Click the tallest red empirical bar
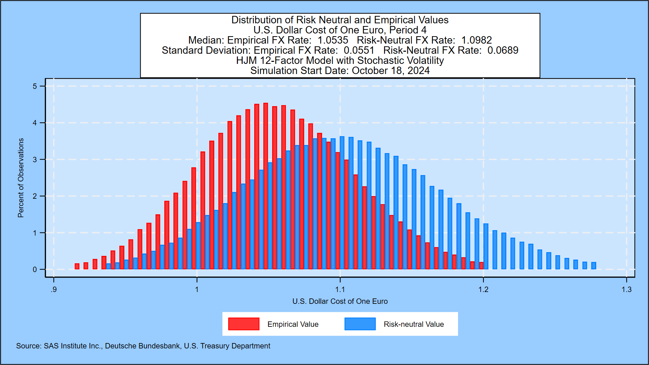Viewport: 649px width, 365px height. point(266,186)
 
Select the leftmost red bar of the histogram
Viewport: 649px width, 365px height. point(77,266)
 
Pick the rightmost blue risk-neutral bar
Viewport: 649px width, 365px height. point(594,266)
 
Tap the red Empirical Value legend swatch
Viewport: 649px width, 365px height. point(244,324)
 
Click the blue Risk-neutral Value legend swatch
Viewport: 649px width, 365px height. point(360,324)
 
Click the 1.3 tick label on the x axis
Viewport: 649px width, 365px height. point(626,290)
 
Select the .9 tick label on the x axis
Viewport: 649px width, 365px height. point(53,290)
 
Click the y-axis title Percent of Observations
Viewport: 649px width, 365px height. point(21,178)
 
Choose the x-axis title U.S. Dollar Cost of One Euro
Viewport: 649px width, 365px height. point(340,301)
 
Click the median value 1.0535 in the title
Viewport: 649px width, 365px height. point(333,40)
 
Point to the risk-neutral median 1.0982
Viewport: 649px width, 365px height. point(476,40)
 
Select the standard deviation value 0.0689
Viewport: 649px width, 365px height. point(503,50)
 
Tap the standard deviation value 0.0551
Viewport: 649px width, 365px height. point(359,50)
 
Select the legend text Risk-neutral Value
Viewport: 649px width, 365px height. point(414,324)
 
